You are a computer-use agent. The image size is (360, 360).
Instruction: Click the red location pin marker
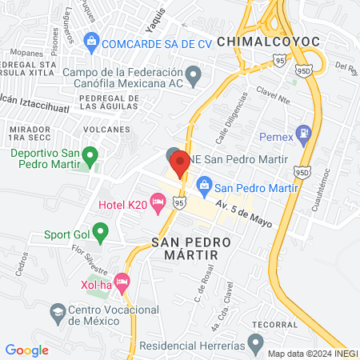pos(179,162)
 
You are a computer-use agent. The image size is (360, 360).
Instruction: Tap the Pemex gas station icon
pos(304,133)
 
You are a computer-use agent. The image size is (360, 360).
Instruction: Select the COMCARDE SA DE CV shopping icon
pos(91,40)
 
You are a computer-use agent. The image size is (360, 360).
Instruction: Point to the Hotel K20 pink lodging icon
pos(158,206)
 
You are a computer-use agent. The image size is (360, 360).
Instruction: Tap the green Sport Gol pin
pos(100,234)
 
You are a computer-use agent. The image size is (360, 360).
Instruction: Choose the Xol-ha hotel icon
pos(122,282)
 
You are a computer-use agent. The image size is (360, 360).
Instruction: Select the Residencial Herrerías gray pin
pos(255,346)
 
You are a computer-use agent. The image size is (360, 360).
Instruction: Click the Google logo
pos(27,350)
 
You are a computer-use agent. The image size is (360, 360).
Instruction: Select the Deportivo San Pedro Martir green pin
pos(91,154)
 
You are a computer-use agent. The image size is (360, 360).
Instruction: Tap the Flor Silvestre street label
pos(90,261)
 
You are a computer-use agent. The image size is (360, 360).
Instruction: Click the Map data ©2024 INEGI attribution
pos(312,353)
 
